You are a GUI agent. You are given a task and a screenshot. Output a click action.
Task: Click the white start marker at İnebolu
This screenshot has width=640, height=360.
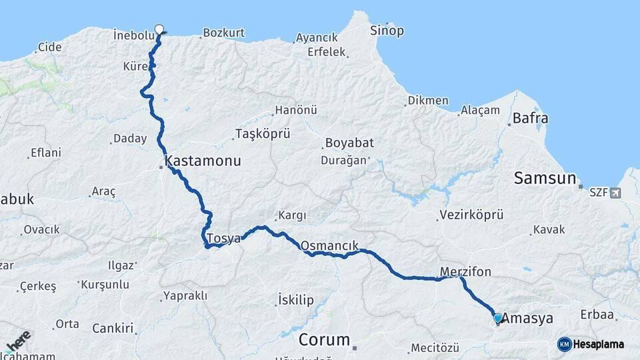tap(159, 29)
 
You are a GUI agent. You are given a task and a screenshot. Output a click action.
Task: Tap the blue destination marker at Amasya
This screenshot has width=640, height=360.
tap(497, 318)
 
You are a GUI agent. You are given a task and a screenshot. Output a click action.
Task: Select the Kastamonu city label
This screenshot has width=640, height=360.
tap(203, 161)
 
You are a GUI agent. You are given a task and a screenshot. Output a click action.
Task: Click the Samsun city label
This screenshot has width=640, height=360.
tap(545, 178)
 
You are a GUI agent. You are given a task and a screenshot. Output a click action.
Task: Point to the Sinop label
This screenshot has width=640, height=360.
tap(387, 31)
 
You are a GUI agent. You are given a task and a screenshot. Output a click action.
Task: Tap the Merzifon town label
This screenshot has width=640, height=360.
tap(465, 271)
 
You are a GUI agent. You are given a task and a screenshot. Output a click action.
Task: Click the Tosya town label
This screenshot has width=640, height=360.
tap(223, 238)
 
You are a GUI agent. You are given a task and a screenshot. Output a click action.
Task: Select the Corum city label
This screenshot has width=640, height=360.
tap(324, 339)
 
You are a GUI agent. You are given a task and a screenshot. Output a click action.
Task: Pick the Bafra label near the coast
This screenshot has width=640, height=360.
tap(530, 119)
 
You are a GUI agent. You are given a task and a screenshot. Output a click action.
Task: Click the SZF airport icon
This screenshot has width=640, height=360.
tap(614, 193)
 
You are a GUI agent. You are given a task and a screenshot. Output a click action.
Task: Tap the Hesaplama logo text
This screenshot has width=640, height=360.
tap(599, 344)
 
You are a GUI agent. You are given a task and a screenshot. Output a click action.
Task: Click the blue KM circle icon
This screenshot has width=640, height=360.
tap(564, 344)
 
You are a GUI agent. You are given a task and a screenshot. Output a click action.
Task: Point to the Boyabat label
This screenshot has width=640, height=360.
tap(349, 143)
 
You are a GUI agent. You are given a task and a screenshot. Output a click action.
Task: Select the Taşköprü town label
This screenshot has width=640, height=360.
tap(263, 134)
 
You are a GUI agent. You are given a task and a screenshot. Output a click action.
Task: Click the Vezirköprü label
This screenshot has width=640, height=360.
tap(471, 215)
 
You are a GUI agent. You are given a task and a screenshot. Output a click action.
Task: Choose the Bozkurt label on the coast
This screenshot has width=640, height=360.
tap(223, 33)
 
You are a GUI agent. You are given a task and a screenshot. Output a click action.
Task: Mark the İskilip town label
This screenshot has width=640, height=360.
tap(295, 300)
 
